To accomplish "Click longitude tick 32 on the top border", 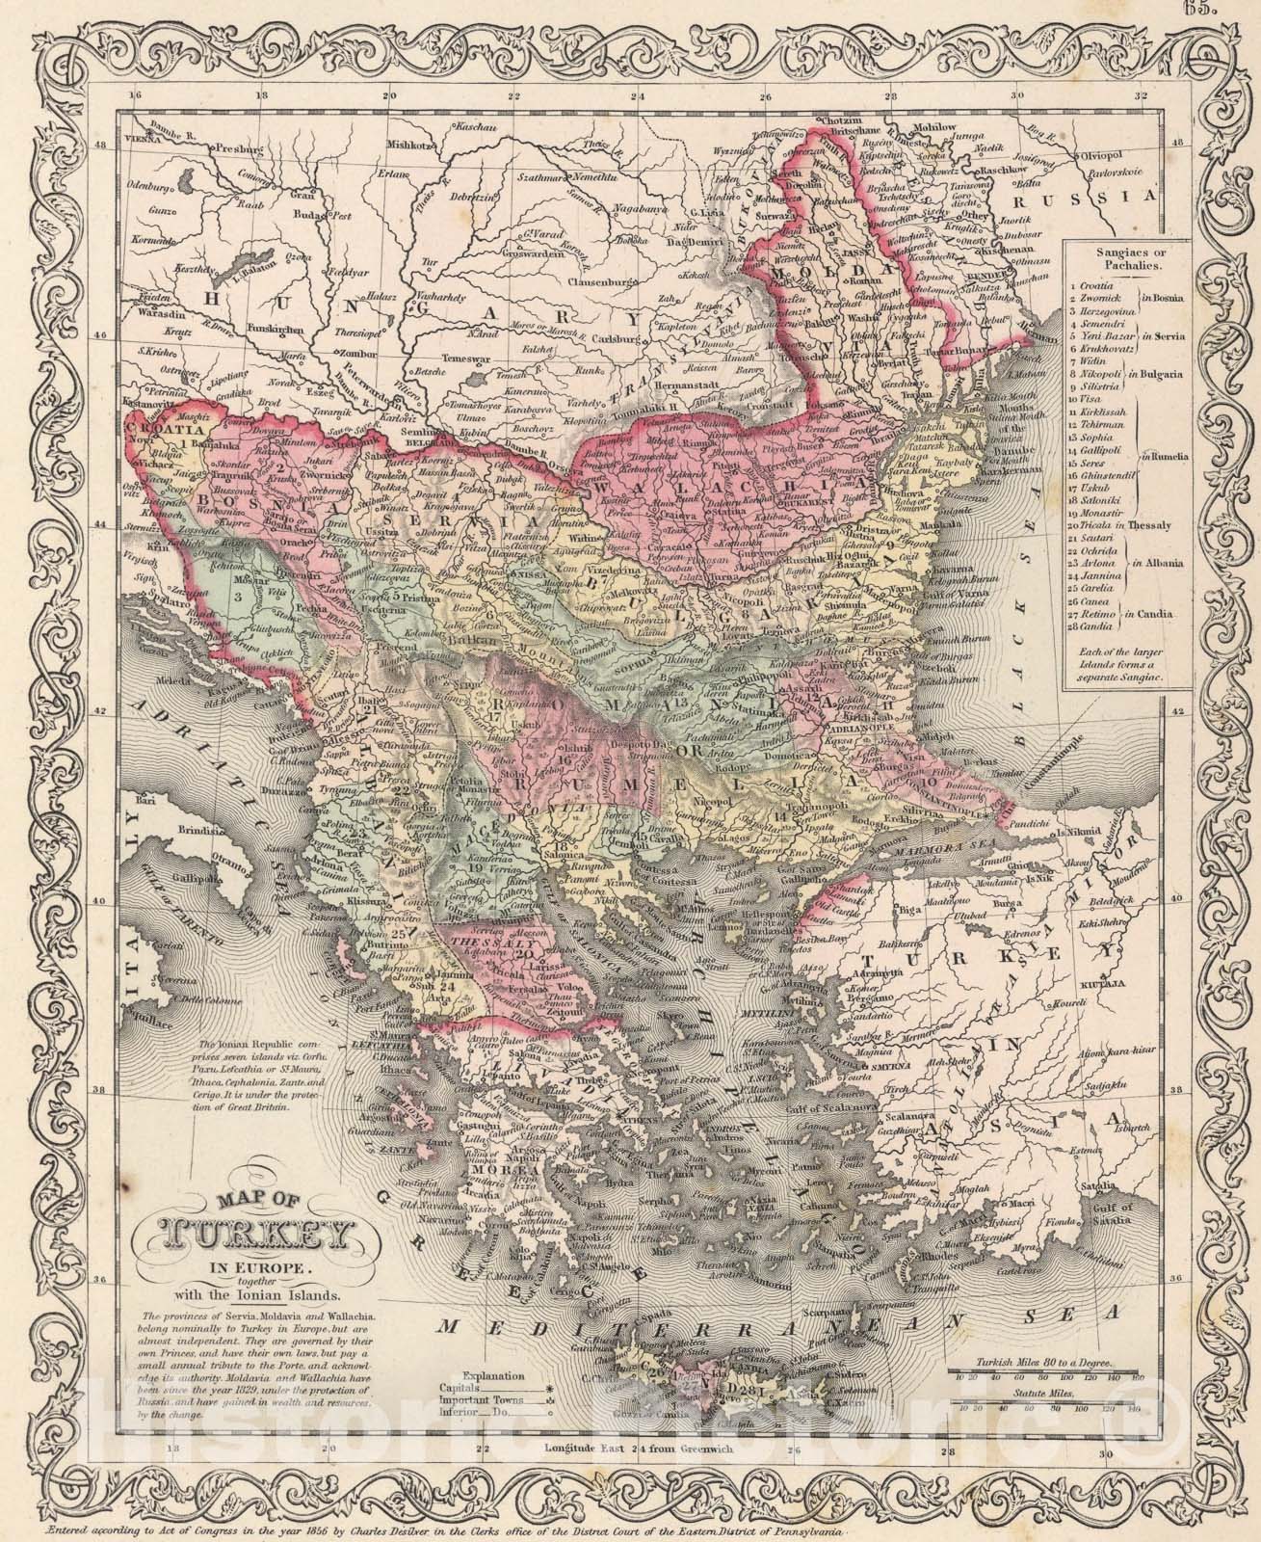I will click(1141, 96).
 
